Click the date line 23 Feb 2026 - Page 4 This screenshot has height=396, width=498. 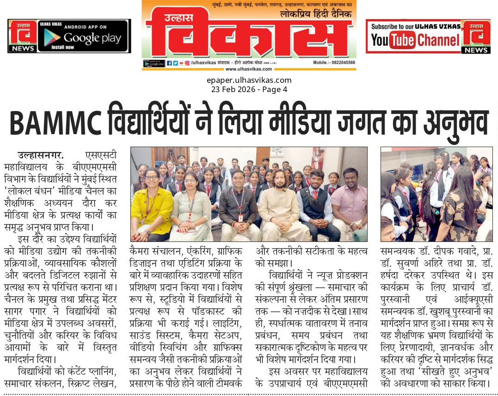[249, 89]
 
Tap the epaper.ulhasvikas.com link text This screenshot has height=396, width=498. [249, 80]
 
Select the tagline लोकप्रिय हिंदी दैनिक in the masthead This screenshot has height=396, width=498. [316, 14]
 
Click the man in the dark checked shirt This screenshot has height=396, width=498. [238, 206]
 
